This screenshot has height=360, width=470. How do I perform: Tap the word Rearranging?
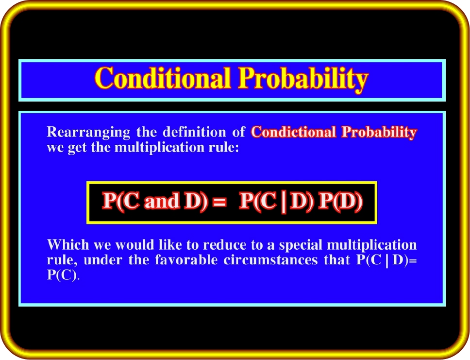[x=88, y=132]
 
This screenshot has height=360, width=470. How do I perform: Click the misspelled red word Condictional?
[x=293, y=132]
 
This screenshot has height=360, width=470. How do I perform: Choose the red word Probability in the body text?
[x=380, y=133]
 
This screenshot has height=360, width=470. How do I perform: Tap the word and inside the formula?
[x=162, y=201]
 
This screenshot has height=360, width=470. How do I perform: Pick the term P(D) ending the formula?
[x=340, y=201]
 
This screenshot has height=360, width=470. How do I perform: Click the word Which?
[x=68, y=245]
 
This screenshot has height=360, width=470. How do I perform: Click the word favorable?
[x=186, y=260]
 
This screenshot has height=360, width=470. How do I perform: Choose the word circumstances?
[x=270, y=260]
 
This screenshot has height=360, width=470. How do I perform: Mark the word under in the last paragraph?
[x=103, y=260]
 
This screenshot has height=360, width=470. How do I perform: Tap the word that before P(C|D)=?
[x=337, y=260]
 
